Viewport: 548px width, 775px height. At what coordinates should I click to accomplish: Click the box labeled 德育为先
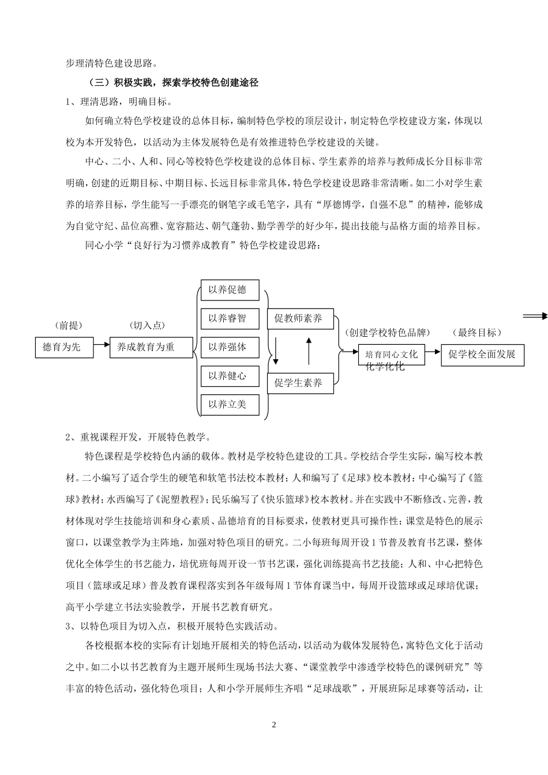point(64,347)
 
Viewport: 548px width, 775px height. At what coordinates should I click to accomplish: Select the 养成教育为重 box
point(151,347)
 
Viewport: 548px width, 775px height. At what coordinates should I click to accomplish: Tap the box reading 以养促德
point(230,290)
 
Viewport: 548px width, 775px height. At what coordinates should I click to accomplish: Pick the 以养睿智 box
point(230,318)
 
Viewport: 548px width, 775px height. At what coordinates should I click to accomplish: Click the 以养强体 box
point(230,347)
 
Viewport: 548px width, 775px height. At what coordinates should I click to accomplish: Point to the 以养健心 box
point(230,376)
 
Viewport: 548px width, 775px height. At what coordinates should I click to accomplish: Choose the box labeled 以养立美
point(230,404)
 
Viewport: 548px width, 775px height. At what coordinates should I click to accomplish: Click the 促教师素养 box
point(300,318)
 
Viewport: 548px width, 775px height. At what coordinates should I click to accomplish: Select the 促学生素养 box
point(300,383)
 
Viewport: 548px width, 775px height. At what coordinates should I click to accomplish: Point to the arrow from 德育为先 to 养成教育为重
point(102,345)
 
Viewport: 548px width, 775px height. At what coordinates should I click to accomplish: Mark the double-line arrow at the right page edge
point(535,315)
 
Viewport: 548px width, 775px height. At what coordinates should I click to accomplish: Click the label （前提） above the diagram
point(67,326)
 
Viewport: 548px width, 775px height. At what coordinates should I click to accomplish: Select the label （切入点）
point(148,326)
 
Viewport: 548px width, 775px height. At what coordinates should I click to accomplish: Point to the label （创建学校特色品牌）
point(387,333)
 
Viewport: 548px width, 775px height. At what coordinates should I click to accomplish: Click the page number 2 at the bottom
point(274,725)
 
